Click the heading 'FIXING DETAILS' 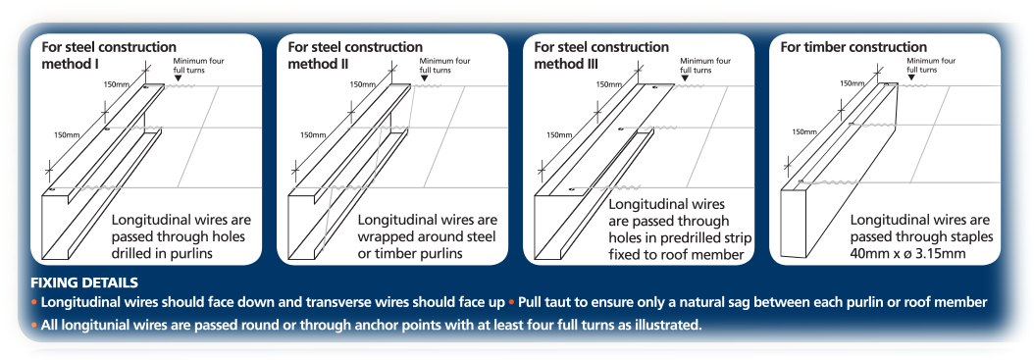(x=84, y=283)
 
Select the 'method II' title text (x=319, y=64)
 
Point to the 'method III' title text (x=567, y=64)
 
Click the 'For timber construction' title (x=853, y=47)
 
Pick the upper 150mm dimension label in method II (x=362, y=84)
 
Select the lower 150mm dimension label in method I (x=67, y=135)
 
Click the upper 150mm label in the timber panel (x=853, y=83)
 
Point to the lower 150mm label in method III (x=559, y=135)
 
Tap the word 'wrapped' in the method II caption (x=384, y=236)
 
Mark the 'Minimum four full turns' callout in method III (x=705, y=66)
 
